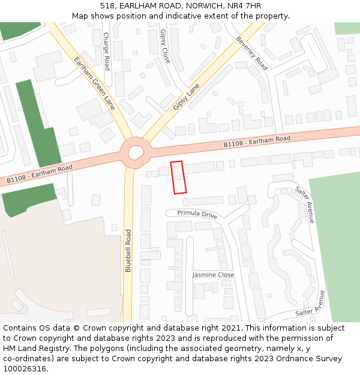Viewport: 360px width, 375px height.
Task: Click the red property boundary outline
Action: pos(178,178)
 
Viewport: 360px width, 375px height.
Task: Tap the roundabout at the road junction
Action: pos(135,153)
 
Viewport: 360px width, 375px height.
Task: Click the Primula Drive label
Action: pos(197,214)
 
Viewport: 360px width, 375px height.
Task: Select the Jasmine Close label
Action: pos(213,275)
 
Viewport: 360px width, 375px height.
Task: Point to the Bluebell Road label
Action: pos(128,250)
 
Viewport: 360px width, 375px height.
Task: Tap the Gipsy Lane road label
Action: pos(186,97)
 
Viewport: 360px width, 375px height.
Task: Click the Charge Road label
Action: pos(107,51)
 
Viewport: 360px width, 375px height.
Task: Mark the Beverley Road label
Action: pos(251,53)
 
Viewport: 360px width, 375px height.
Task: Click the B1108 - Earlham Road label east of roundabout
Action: pos(257,142)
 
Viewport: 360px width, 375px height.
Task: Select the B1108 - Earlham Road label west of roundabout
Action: pos(40,173)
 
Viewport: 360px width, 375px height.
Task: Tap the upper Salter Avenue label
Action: pos(304,205)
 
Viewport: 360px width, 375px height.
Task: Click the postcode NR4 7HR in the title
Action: pos(245,6)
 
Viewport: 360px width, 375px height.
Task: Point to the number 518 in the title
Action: pos(107,6)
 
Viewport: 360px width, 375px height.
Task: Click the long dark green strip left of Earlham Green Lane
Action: pos(38,123)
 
